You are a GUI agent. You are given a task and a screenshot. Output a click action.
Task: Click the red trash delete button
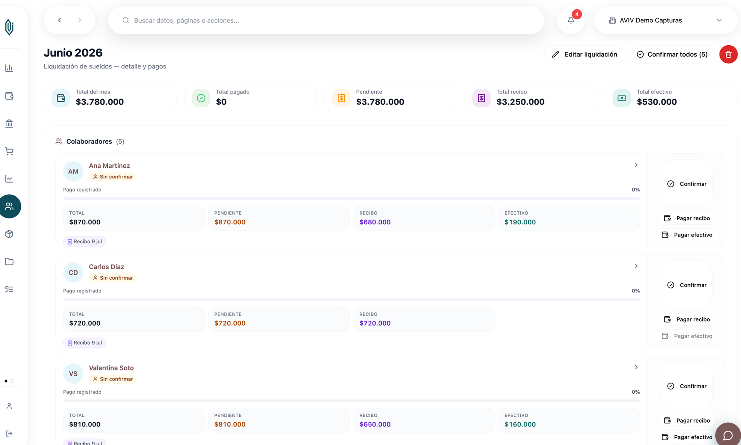pos(728,54)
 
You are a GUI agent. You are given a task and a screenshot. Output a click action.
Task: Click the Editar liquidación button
pos(584,54)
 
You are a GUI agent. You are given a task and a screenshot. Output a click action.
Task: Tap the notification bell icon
pos(571,20)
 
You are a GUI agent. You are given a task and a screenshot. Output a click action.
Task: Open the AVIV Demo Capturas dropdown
pos(665,20)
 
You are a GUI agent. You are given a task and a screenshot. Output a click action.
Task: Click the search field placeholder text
pos(186,20)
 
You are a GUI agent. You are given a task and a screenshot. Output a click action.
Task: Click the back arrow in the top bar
pos(59,20)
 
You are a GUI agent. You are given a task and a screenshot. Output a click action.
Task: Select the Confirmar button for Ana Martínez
pos(687,184)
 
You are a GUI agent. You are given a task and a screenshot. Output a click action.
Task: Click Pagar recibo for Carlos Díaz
pos(687,319)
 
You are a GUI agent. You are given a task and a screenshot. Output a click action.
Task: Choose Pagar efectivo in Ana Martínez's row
pos(687,235)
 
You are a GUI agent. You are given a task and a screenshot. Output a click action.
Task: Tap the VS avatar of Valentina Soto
pos(73,374)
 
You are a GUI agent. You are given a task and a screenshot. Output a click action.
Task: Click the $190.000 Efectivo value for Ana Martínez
pos(520,222)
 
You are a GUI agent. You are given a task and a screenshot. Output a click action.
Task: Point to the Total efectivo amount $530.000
pos(656,102)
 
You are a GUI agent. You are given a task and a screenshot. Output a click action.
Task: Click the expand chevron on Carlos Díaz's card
pos(636,266)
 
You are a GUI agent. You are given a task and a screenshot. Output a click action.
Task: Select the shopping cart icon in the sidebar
pos(9,151)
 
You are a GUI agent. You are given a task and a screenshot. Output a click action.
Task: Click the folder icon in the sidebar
pos(9,262)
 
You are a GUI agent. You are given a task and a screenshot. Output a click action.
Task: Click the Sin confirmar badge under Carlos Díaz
pos(113,278)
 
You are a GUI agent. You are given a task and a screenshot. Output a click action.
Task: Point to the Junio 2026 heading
pos(73,53)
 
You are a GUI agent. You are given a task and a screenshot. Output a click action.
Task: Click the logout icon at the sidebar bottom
pos(9,433)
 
